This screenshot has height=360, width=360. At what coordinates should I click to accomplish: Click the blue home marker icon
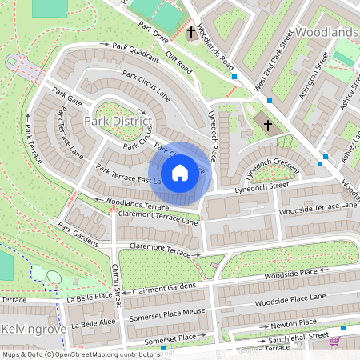(x=180, y=173)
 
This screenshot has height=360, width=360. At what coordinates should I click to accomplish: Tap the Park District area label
(x=118, y=121)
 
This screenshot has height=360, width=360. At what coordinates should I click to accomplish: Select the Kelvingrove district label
(x=30, y=330)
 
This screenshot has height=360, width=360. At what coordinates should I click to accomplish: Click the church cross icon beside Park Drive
(x=191, y=34)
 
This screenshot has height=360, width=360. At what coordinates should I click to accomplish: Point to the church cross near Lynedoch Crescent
(x=268, y=125)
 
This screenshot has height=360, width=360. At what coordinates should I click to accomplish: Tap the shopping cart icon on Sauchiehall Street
(x=334, y=340)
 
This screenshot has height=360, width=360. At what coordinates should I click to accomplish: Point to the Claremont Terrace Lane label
(x=158, y=217)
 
